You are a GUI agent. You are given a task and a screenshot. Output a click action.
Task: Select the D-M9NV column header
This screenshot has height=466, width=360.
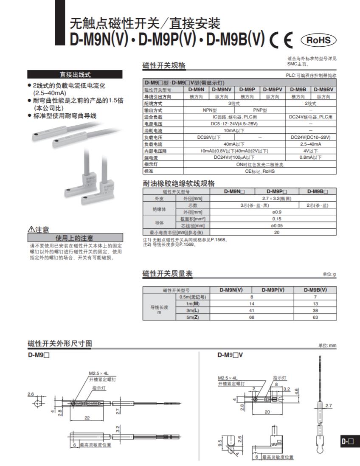tap(222, 90)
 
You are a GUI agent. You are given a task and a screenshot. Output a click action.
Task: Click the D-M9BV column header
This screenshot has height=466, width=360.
tap(323, 90)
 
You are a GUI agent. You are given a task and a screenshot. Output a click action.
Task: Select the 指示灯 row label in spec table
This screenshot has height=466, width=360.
tap(151, 164)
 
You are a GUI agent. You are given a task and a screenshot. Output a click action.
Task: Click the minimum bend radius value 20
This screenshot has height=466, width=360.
tap(277, 232)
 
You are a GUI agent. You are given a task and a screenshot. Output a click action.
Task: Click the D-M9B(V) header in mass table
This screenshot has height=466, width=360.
tap(315, 290)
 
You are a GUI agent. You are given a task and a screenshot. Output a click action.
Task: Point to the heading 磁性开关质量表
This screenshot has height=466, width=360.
tap(167, 274)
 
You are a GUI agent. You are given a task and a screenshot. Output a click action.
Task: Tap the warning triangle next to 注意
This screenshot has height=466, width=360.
tap(31, 230)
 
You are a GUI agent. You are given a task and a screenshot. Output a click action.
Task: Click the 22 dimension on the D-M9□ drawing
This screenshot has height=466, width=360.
tap(87, 418)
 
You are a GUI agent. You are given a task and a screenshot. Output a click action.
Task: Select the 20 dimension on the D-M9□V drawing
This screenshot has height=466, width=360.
tap(267, 412)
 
